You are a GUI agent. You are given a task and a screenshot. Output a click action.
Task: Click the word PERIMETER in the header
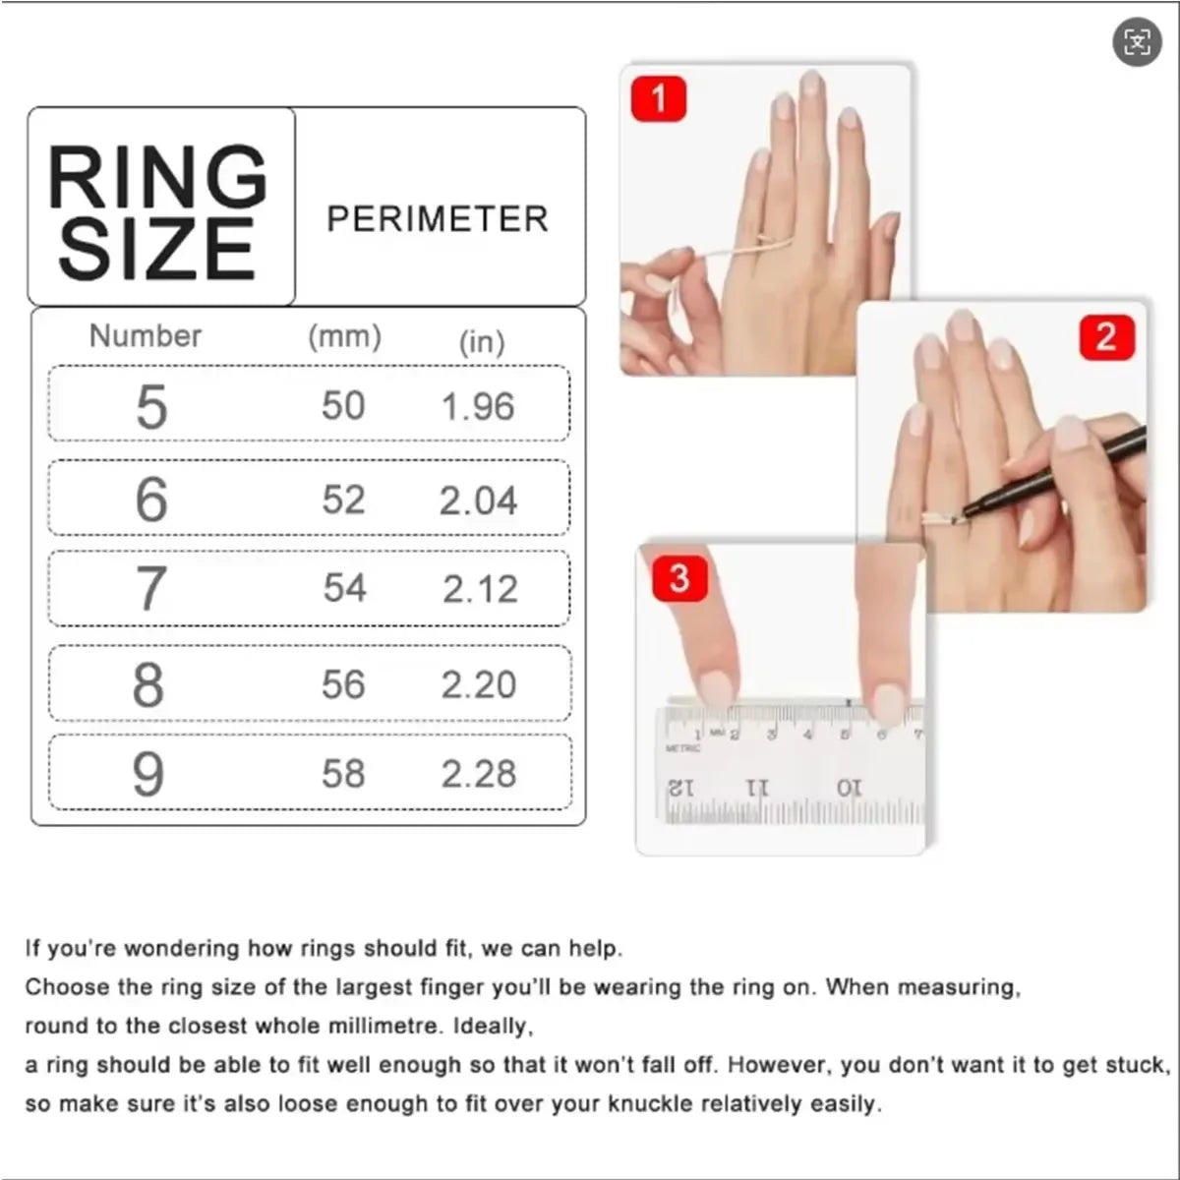coord(438,218)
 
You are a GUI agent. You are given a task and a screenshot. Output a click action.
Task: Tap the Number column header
coord(146,335)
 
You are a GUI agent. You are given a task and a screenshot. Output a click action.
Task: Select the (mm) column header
coord(345,337)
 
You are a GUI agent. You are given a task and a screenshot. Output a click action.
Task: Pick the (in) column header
coord(483,342)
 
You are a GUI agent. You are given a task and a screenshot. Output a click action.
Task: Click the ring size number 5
coord(151,406)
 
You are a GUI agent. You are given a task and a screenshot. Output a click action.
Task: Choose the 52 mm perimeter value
coord(343,500)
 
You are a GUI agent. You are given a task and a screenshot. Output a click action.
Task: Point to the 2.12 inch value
coord(480,589)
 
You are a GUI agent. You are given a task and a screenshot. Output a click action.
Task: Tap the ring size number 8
coord(148,685)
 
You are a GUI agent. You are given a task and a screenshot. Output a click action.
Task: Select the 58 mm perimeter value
coord(343,774)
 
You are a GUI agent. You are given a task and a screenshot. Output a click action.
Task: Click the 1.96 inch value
coord(478,406)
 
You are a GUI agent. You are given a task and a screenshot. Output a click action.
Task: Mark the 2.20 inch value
coord(479,684)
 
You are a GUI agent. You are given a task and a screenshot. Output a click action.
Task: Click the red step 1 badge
coord(658,98)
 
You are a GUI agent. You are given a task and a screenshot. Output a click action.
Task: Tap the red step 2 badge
coord(1106,337)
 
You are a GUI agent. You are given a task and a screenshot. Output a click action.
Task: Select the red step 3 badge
coord(679,578)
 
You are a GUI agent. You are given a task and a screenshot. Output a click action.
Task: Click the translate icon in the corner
coord(1137,41)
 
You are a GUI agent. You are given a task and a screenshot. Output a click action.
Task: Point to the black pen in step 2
coord(1054,476)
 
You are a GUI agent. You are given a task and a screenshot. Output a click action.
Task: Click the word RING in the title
coord(157,177)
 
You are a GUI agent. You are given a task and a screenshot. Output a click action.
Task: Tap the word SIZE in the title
coord(156,249)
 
